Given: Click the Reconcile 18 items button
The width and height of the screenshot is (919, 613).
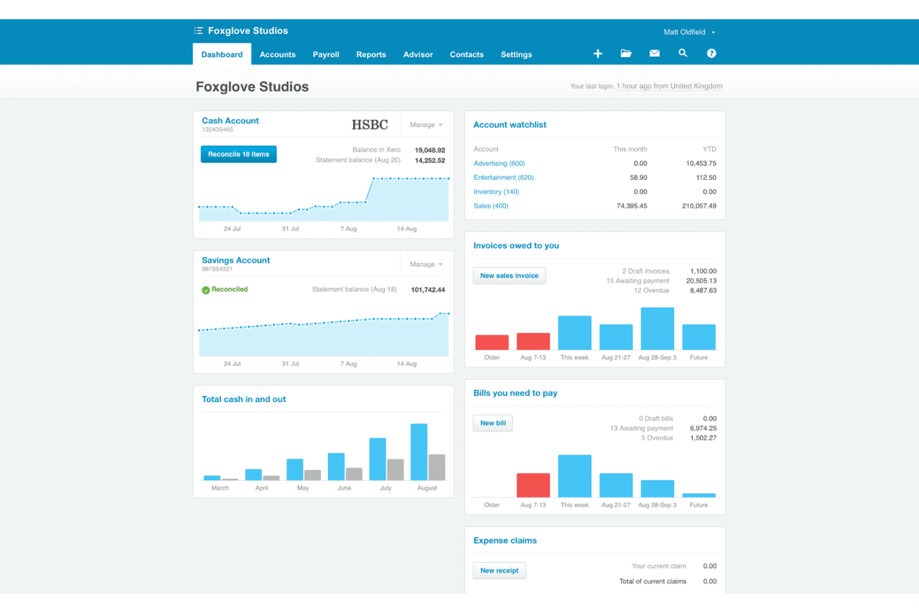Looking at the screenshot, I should (238, 154).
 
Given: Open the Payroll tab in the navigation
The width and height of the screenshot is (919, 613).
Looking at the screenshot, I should (326, 55).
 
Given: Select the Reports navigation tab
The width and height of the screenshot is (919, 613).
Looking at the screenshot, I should (371, 55).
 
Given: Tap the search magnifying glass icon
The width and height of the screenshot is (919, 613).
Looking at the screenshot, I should (683, 53).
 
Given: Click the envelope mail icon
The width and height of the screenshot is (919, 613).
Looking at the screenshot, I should (654, 53).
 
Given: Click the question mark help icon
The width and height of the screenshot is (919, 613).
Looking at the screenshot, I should (712, 53).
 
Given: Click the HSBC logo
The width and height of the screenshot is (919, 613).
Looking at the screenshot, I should (370, 125).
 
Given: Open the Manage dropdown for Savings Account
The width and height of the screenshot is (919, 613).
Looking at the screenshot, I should (426, 265).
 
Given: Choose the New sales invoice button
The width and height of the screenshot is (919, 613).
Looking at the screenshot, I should (509, 276).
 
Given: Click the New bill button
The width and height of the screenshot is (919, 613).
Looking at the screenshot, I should (493, 423).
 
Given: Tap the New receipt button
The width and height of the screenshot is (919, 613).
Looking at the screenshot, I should (499, 571).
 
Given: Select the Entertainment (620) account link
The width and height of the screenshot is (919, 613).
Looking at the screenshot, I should (504, 178).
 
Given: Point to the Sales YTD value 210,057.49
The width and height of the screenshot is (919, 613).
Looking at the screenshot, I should (699, 206).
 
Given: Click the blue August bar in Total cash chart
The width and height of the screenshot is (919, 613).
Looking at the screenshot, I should (419, 452).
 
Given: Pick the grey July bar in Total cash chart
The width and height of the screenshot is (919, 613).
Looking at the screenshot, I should (396, 470).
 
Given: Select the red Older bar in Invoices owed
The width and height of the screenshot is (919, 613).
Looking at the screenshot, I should (492, 342).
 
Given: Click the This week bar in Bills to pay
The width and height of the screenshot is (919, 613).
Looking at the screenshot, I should (575, 476).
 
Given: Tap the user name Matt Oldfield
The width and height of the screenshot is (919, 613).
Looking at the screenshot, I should (684, 32).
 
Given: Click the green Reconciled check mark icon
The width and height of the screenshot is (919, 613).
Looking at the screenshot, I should (206, 290).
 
